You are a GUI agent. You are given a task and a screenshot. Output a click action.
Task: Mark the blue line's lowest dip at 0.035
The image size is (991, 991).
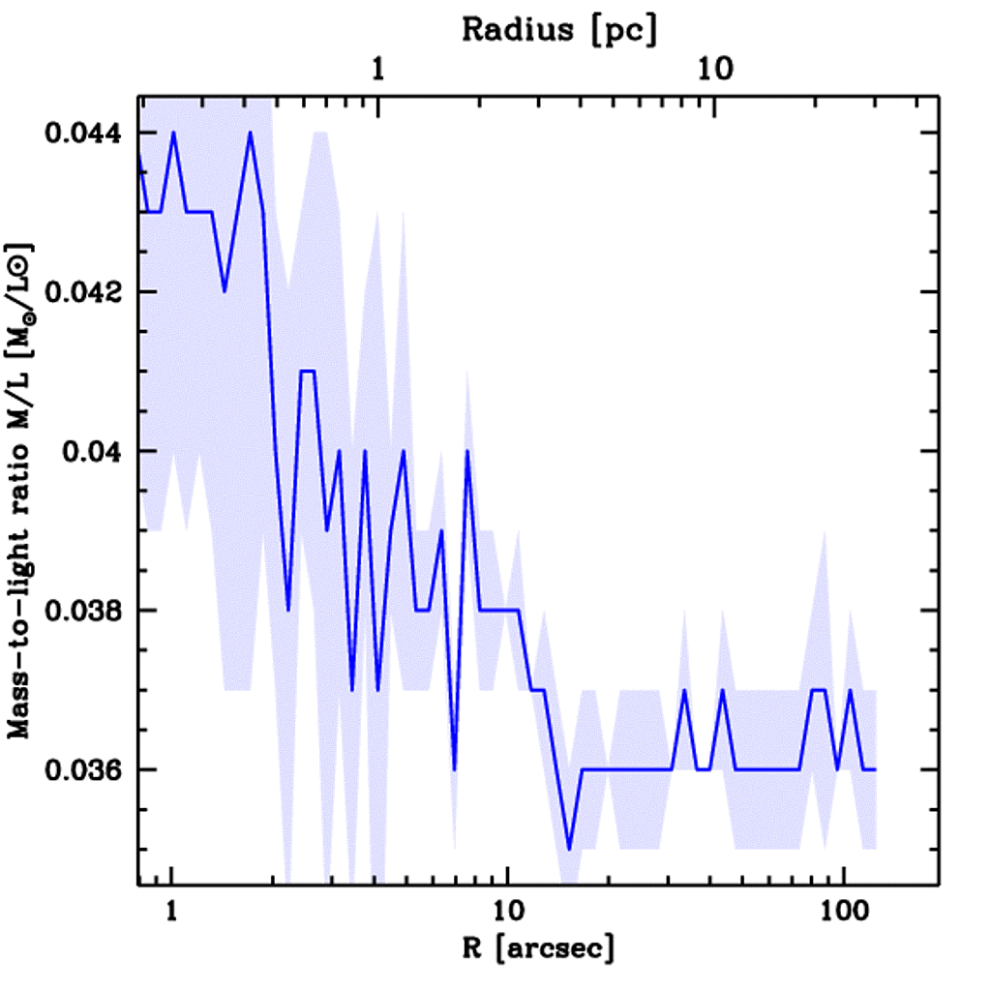click(570, 849)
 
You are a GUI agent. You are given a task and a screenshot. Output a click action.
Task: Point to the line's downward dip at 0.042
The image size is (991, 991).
click(225, 291)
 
